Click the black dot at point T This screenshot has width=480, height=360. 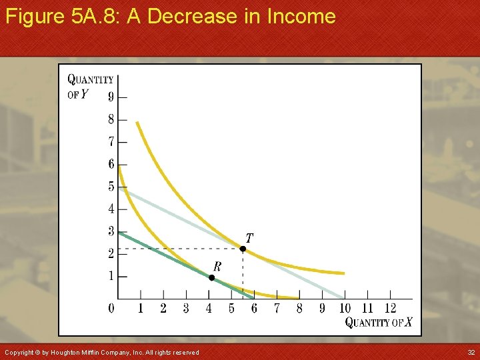click(x=243, y=249)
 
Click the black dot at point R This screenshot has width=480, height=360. click(x=211, y=277)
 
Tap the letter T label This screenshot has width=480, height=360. click(x=249, y=238)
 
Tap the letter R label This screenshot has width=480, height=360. click(x=217, y=266)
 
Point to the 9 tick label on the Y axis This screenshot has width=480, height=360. click(x=111, y=97)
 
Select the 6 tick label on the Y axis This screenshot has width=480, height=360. click(x=111, y=165)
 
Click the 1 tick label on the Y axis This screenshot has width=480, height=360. click(x=111, y=277)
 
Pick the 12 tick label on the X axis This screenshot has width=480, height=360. click(x=390, y=309)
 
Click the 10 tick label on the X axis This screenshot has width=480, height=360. click(x=345, y=309)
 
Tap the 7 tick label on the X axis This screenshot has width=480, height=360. click(x=277, y=309)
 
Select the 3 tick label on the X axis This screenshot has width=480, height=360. click(x=186, y=309)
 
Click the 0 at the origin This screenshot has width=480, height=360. click(x=111, y=309)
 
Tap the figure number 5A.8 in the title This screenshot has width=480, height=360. click(x=94, y=16)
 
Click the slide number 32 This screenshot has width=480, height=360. click(x=471, y=352)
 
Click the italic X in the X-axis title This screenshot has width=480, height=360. click(x=408, y=323)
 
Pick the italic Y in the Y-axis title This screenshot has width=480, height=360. click(x=84, y=94)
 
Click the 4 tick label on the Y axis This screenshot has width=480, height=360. click(x=111, y=209)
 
